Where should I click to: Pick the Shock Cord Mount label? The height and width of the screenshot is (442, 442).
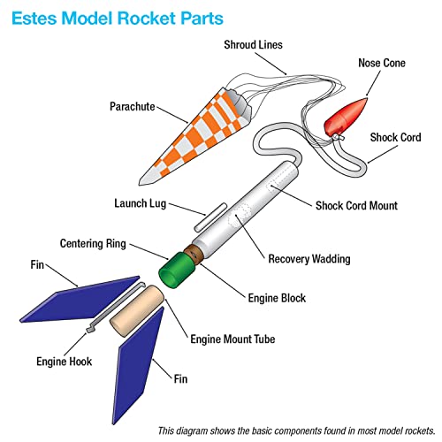click(356, 205)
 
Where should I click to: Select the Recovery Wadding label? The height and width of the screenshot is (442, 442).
click(309, 260)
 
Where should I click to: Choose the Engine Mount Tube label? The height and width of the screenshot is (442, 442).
click(232, 338)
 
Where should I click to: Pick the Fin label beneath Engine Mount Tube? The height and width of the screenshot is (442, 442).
click(181, 379)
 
